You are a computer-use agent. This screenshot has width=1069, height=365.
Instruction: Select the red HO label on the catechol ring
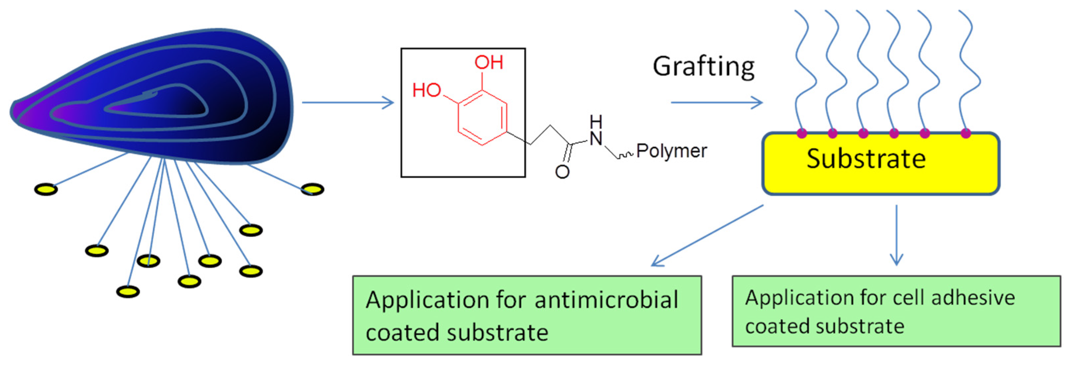[x=426, y=90]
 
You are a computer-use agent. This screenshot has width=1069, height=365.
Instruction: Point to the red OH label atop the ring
[x=489, y=63]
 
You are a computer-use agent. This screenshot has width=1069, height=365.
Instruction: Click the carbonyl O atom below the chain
[x=562, y=172]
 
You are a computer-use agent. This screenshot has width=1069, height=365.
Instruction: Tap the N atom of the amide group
[x=596, y=138]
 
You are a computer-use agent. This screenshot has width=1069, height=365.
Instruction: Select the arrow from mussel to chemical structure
[x=348, y=102]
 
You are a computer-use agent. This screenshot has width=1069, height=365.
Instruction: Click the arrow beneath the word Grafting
[x=717, y=102]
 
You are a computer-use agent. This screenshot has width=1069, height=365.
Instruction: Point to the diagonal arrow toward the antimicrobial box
[x=707, y=235]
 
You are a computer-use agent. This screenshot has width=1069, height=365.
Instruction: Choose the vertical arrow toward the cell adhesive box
[x=897, y=235]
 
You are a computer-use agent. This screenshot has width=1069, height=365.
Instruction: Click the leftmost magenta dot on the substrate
[x=802, y=133]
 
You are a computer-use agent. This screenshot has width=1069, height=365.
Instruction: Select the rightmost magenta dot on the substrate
[x=966, y=133]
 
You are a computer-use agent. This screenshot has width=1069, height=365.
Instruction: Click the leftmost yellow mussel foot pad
[x=46, y=189]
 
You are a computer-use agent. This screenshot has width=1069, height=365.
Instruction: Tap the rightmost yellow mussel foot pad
[x=312, y=189]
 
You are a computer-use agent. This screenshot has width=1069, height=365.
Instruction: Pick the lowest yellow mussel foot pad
[x=128, y=291]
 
